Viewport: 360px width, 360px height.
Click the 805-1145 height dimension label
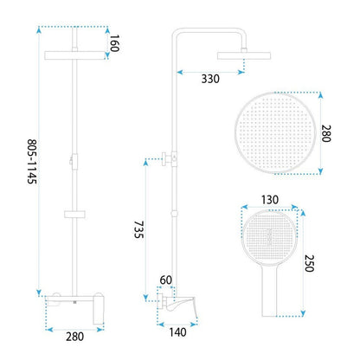click(x=32, y=162)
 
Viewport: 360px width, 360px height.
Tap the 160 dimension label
click(x=114, y=43)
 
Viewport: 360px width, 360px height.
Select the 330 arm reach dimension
click(x=210, y=79)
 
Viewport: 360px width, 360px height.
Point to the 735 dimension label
click(x=138, y=229)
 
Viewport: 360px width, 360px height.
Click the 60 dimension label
click(x=165, y=280)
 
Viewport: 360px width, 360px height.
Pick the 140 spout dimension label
click(x=177, y=332)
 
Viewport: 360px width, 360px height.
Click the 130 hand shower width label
click(x=270, y=200)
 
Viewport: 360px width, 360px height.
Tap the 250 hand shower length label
click(x=309, y=263)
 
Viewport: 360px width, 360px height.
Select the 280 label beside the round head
click(x=326, y=133)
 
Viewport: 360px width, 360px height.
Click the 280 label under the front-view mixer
click(x=74, y=337)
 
